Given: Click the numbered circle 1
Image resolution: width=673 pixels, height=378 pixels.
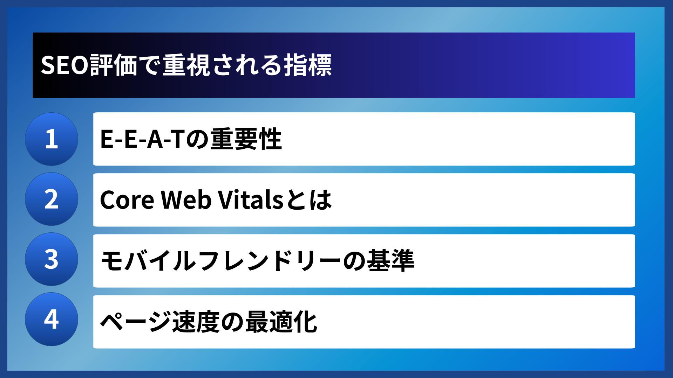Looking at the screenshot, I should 52,139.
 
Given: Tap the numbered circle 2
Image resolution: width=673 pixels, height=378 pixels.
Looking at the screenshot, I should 52,199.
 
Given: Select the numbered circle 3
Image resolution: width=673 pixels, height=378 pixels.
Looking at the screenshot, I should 52,259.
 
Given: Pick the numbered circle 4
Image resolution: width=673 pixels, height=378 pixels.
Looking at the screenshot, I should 52,319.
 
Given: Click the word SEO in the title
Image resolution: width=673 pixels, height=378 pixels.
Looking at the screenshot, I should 64,65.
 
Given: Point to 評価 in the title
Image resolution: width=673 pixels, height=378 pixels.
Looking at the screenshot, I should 113,65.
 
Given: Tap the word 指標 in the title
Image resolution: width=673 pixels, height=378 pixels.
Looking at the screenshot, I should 308,65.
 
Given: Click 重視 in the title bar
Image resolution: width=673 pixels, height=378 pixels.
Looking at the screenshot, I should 186,65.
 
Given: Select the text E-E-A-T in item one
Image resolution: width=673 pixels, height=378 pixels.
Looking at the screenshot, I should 142,139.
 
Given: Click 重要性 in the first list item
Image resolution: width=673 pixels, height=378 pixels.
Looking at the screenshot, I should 246,139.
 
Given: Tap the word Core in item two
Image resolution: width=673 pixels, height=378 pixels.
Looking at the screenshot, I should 127,200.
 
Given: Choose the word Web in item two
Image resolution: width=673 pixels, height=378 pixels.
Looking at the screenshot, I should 186,200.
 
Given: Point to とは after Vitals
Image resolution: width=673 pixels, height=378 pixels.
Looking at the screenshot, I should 308,200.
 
